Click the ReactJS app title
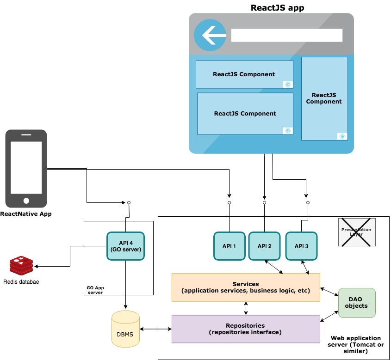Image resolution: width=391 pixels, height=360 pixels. click(x=277, y=7)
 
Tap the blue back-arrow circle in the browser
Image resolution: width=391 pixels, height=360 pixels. click(x=210, y=35)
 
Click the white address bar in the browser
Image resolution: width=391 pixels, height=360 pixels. click(x=286, y=36)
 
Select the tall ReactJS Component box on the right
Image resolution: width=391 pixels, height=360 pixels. click(x=324, y=98)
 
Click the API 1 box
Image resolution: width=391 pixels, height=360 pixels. click(x=229, y=246)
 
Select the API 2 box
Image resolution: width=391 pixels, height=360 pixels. click(x=264, y=246)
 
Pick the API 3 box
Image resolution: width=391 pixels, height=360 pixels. click(x=301, y=246)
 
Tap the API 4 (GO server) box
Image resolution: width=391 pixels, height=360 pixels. click(x=125, y=246)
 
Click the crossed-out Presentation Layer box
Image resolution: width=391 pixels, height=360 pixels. click(x=356, y=232)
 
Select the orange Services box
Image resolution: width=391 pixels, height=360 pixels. click(x=246, y=287)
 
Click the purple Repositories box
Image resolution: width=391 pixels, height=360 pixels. click(x=246, y=329)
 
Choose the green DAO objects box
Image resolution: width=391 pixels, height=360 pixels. click(x=356, y=303)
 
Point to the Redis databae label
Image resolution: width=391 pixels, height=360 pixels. click(x=21, y=282)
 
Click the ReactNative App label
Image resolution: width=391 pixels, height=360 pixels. click(x=26, y=214)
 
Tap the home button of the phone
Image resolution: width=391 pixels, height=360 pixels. click(x=26, y=201)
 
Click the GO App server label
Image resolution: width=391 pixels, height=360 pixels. click(x=95, y=290)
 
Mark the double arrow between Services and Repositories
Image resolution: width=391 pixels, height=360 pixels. click(x=246, y=308)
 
